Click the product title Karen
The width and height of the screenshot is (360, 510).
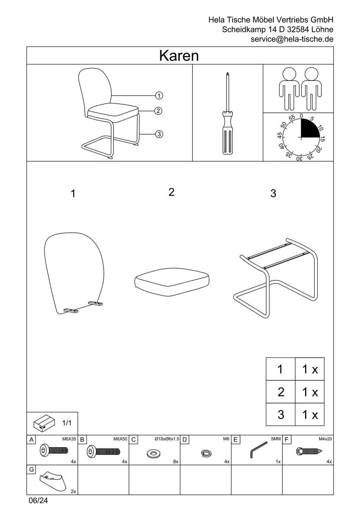click(x=179, y=56)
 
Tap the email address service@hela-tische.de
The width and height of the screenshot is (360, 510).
click(x=292, y=39)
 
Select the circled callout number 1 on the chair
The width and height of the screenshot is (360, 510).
click(x=159, y=95)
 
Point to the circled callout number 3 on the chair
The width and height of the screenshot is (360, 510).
click(x=159, y=134)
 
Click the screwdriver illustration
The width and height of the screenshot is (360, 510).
click(x=228, y=113)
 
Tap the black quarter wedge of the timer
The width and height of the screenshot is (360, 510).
click(x=309, y=129)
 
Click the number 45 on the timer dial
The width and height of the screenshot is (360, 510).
click(x=280, y=135)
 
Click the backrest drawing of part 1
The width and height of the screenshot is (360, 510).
click(x=74, y=273)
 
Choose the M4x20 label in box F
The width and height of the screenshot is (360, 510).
click(x=325, y=439)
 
